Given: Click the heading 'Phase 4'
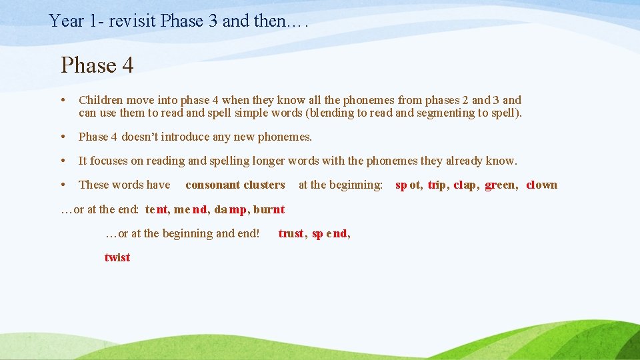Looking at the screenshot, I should (x=97, y=65).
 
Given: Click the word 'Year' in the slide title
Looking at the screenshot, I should (x=67, y=21).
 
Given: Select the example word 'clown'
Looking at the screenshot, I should (x=541, y=185).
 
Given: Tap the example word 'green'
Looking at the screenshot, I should (x=500, y=185).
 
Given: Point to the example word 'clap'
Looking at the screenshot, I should (x=465, y=185).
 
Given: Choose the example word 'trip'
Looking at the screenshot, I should (x=437, y=185).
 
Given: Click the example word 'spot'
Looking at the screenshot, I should (x=408, y=185).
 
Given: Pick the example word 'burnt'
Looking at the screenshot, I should (x=269, y=209).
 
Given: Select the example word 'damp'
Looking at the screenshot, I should (x=230, y=209).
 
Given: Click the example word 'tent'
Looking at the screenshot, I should (x=157, y=209).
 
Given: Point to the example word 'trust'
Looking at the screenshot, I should (x=291, y=233).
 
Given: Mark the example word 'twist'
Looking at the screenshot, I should (x=117, y=257).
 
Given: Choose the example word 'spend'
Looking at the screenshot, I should (x=329, y=233).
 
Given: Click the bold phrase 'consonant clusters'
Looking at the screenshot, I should (x=235, y=185).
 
